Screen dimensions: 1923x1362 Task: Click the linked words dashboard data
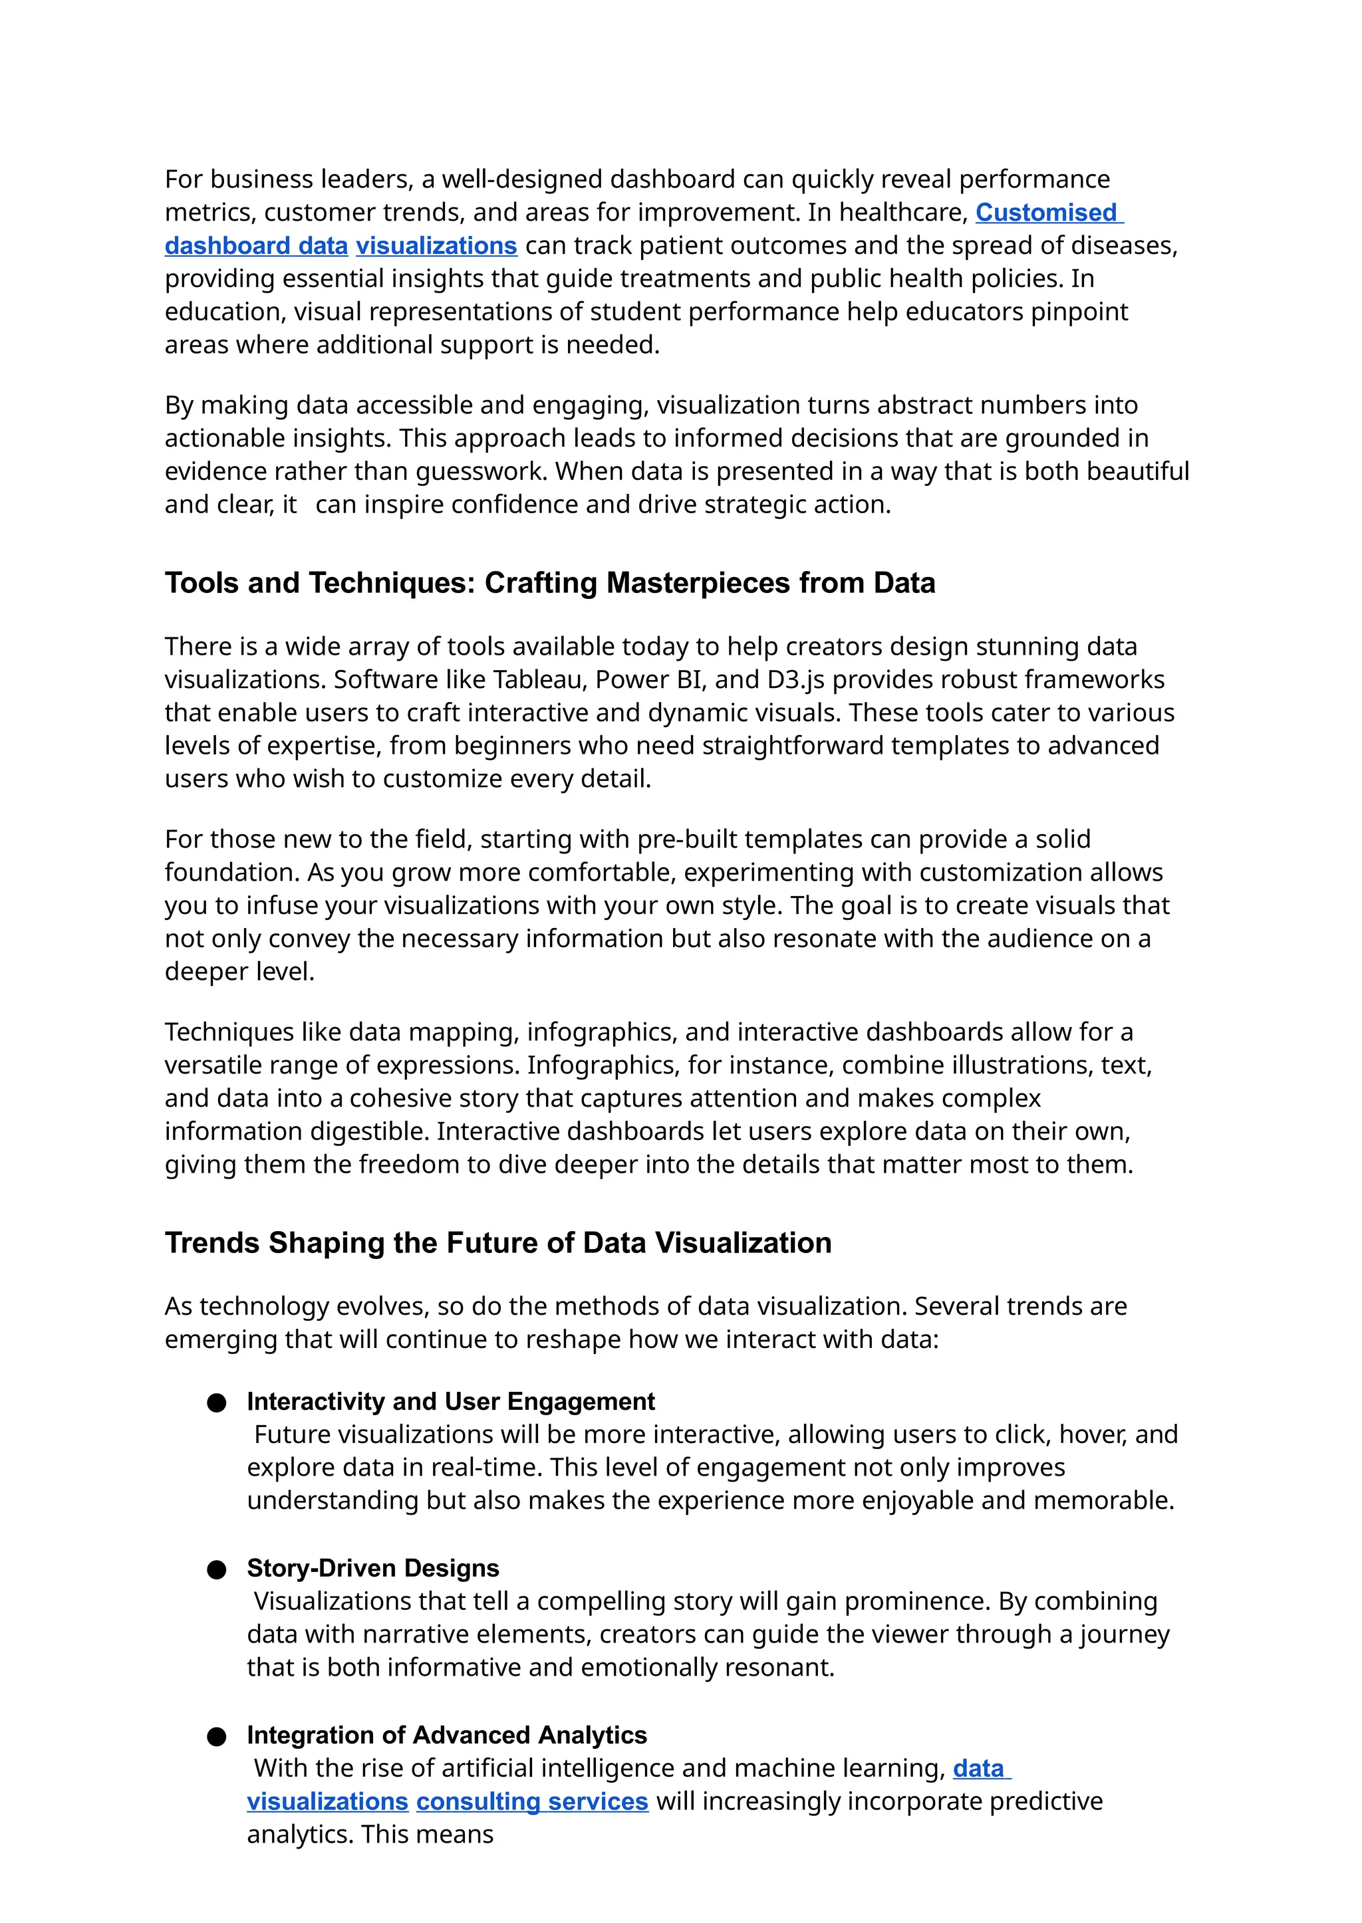click(256, 247)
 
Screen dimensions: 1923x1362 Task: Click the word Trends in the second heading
click(212, 1243)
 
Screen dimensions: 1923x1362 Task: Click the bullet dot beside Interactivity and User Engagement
click(216, 1403)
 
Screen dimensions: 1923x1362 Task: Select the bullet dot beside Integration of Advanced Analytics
click(216, 1736)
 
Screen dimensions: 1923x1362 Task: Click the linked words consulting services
click(532, 1801)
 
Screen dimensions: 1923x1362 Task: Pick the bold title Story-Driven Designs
click(372, 1569)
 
